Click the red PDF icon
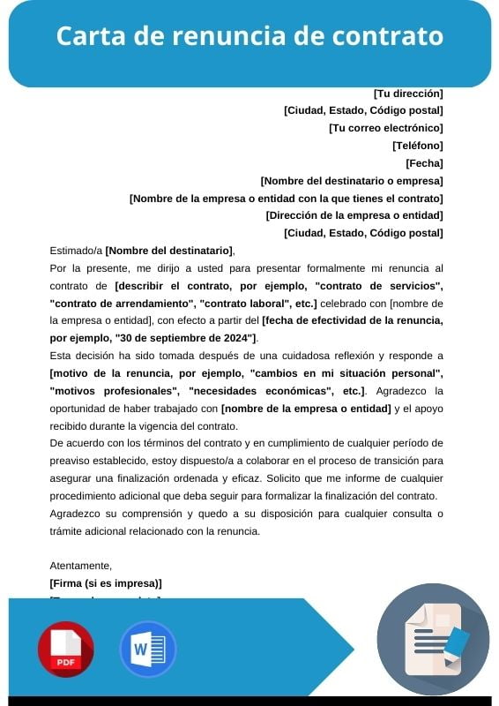(x=65, y=649)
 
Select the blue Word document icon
(x=147, y=649)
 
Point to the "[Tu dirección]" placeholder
(x=408, y=93)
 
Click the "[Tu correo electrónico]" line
(x=385, y=128)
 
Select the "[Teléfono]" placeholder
(x=417, y=146)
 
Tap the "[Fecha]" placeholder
(x=424, y=163)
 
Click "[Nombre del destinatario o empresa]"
(x=352, y=180)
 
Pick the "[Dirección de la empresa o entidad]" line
(x=354, y=215)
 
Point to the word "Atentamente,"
(x=81, y=565)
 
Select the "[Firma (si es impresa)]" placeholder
(x=106, y=583)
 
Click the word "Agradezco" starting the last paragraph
(x=77, y=513)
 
